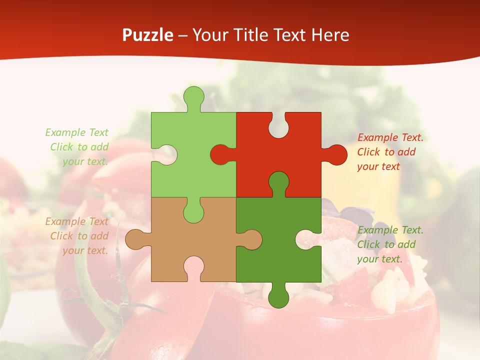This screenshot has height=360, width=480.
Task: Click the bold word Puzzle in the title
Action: tap(148, 35)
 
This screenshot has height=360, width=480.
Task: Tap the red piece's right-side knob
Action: tap(336, 154)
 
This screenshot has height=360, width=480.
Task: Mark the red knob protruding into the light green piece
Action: tap(220, 154)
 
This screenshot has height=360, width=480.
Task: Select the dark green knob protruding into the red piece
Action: tap(278, 182)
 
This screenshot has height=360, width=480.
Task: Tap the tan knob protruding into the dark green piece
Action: tap(251, 239)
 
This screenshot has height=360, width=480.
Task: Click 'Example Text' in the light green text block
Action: tap(76, 132)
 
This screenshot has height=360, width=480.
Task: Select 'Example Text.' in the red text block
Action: tap(390, 137)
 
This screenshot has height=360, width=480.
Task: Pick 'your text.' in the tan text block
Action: tap(85, 250)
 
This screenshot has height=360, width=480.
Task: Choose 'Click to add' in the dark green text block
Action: tap(386, 244)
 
